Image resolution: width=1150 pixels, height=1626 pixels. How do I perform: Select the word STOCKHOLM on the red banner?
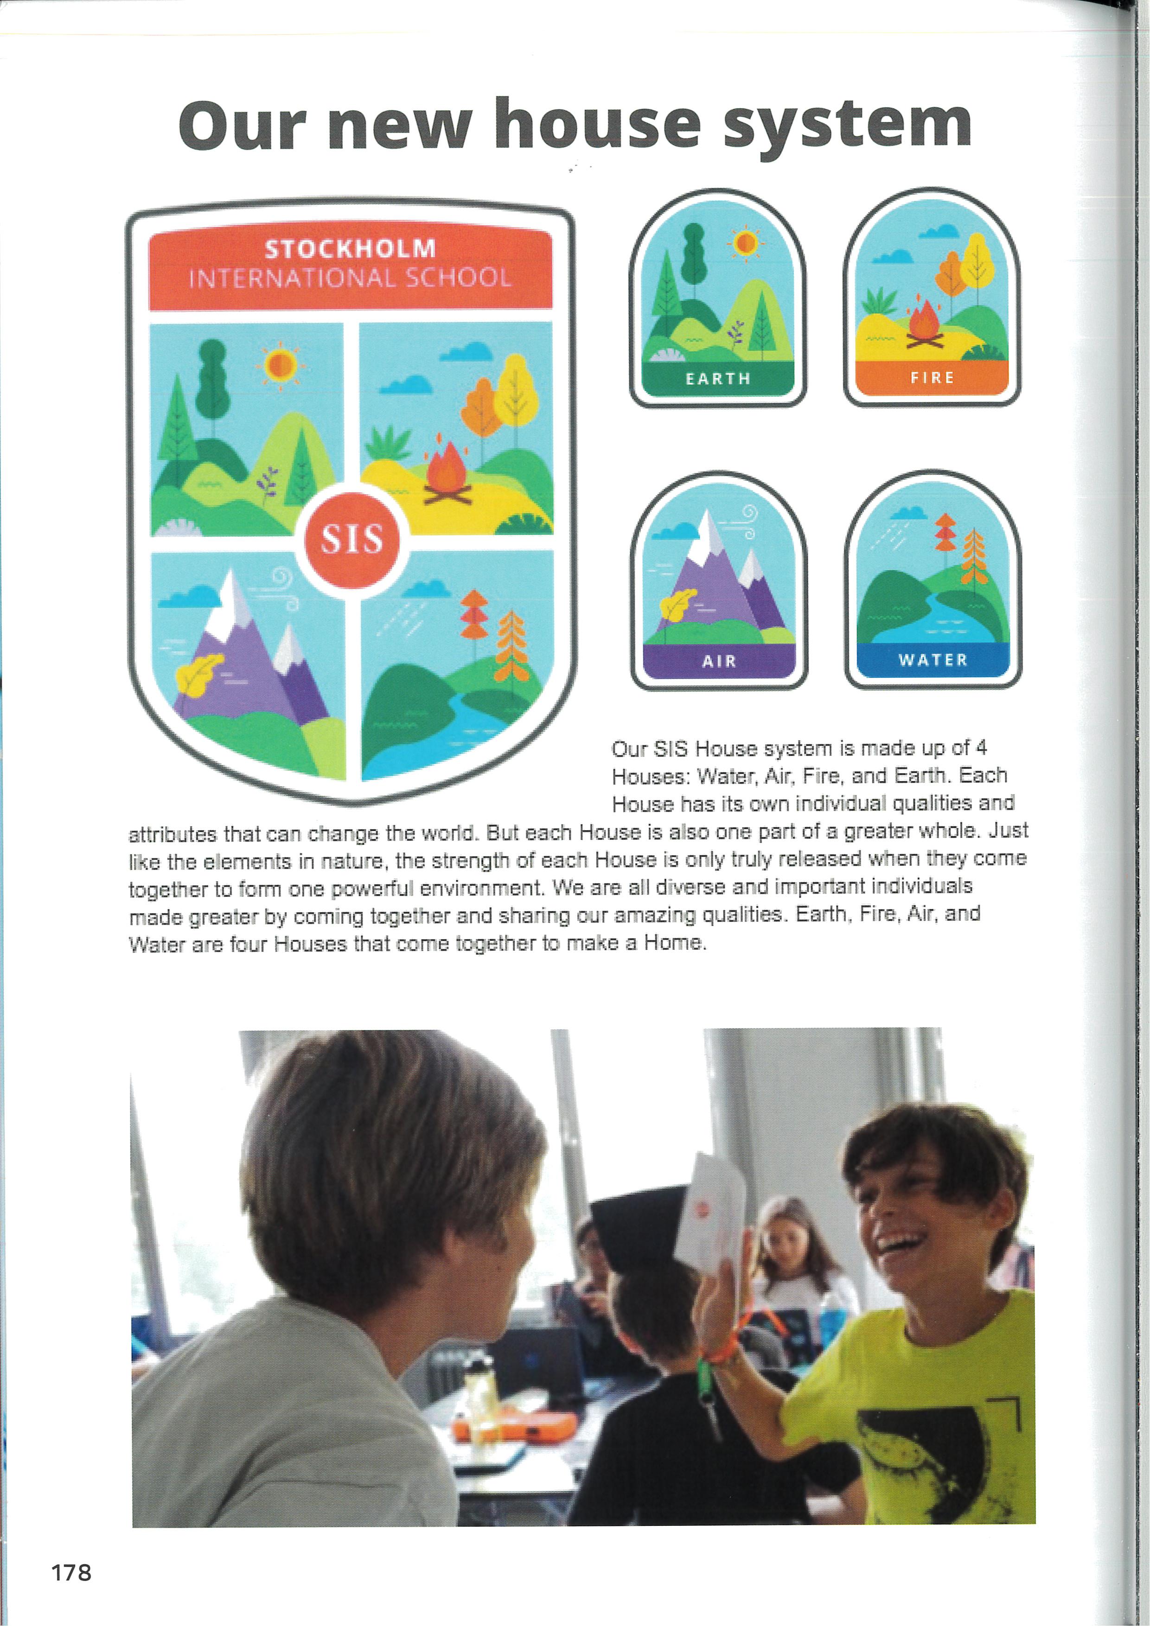350,248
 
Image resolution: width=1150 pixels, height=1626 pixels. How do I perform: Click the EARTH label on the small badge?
718,379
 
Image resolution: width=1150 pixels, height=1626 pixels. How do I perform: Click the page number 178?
71,1572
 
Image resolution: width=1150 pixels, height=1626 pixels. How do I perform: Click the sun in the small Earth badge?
745,243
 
